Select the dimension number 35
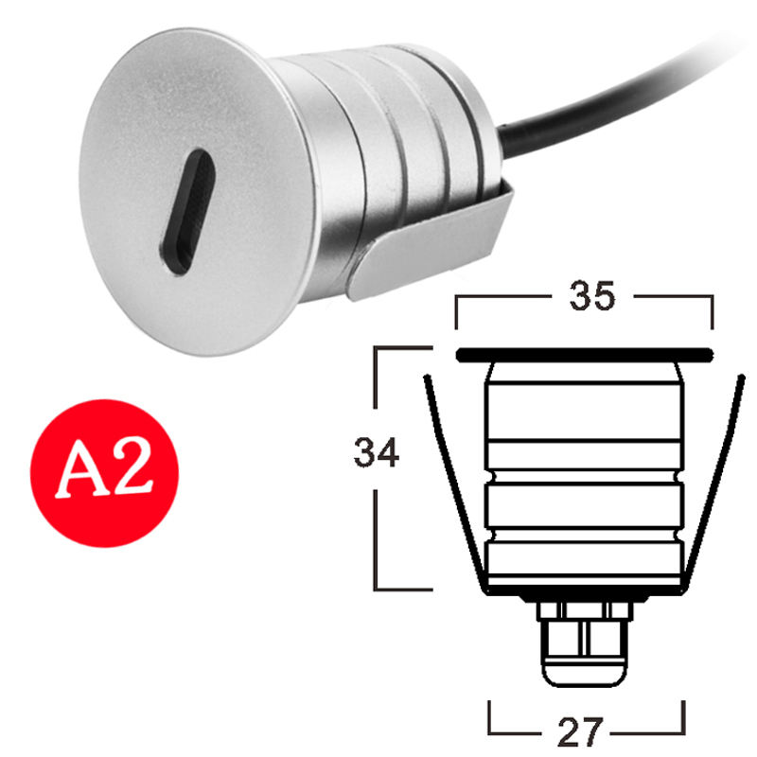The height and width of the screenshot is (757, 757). (591, 297)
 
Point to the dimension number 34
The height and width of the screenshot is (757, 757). (377, 452)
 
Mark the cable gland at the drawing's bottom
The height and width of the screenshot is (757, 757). (584, 643)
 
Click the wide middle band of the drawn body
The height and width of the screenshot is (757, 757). (583, 511)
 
